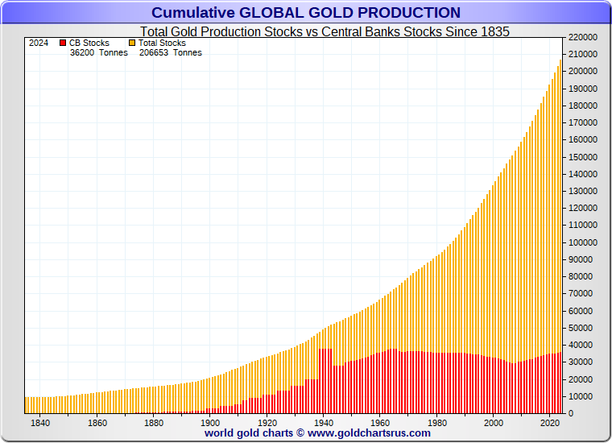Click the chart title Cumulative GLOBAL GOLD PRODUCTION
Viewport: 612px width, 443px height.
pyautogui.click(x=306, y=13)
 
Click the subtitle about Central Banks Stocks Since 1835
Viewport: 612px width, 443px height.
pyautogui.click(x=320, y=31)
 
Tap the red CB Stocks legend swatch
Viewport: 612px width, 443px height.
pyautogui.click(x=63, y=43)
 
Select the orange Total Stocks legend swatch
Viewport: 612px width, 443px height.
pyautogui.click(x=132, y=43)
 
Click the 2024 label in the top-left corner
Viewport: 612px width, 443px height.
pyautogui.click(x=39, y=43)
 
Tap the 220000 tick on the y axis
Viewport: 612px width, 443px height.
pyautogui.click(x=583, y=37)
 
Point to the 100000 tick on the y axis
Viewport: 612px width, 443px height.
pyautogui.click(x=583, y=242)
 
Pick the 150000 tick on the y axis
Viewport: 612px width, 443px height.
pyautogui.click(x=583, y=157)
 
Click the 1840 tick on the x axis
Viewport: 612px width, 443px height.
pyautogui.click(x=40, y=423)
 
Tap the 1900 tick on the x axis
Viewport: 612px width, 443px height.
pyautogui.click(x=210, y=423)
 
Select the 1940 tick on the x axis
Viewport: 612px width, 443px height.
pyautogui.click(x=324, y=423)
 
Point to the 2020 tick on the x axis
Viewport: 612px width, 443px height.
pyautogui.click(x=551, y=423)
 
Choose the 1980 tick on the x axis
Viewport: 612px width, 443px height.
pyautogui.click(x=437, y=423)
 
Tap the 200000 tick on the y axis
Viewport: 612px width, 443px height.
pyautogui.click(x=583, y=72)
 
